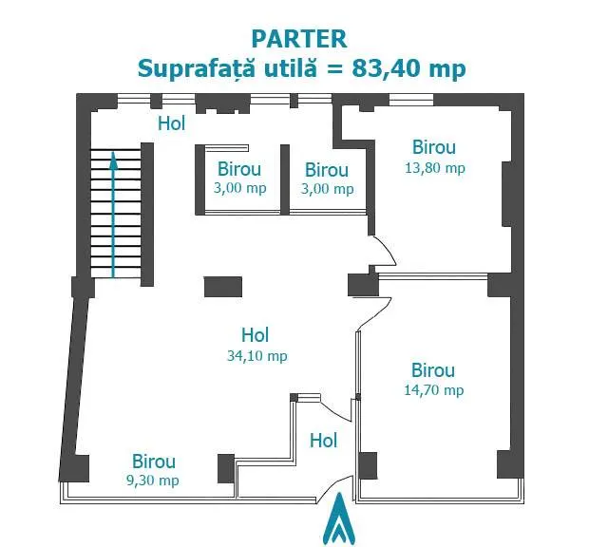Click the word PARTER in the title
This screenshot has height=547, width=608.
click(x=299, y=39)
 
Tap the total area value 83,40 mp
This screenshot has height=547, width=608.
click(x=408, y=69)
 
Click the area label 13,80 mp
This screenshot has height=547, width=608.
click(x=435, y=168)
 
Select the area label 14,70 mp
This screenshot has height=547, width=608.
click(x=434, y=390)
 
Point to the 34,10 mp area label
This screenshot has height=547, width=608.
click(x=257, y=356)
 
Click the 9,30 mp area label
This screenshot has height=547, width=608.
click(x=153, y=481)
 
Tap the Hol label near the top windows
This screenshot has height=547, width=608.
click(x=172, y=123)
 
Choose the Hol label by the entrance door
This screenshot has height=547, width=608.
click(x=323, y=441)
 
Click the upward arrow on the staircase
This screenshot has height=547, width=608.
click(x=113, y=215)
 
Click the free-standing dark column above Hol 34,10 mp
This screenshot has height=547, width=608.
click(x=223, y=287)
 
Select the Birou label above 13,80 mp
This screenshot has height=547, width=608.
click(x=434, y=147)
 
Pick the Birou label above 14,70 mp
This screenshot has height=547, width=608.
click(x=433, y=370)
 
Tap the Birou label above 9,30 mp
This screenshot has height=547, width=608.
click(x=154, y=462)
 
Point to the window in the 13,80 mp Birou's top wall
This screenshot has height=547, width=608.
click(x=411, y=100)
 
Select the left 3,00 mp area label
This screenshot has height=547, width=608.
click(x=240, y=188)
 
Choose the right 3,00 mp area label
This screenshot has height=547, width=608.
click(x=327, y=189)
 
